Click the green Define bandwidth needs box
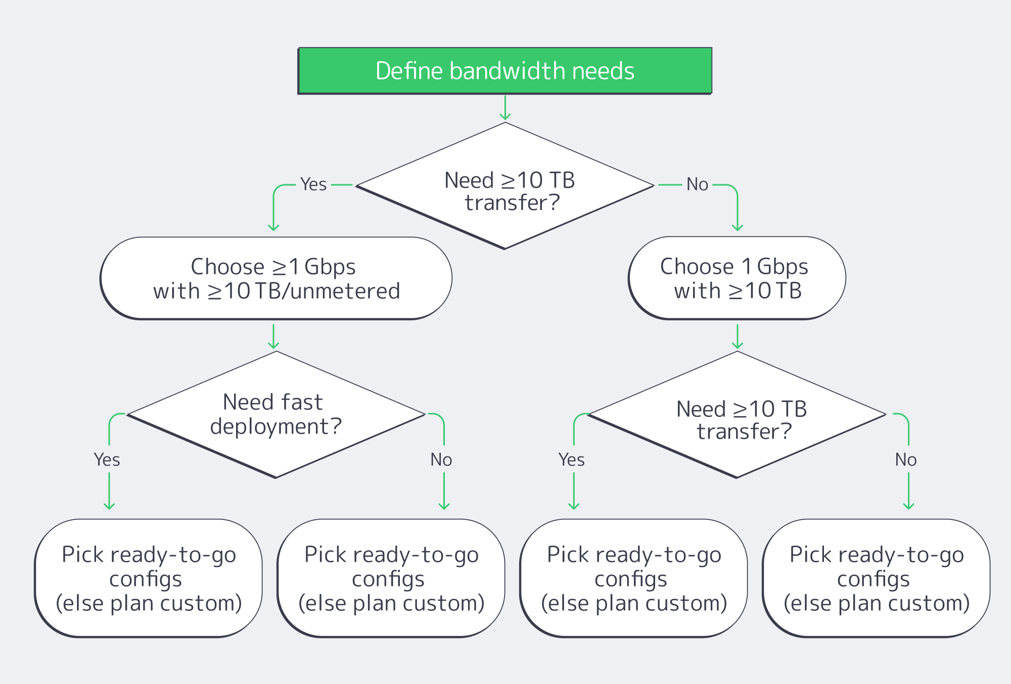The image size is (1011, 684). [x=505, y=71]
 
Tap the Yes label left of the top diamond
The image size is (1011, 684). [x=313, y=184]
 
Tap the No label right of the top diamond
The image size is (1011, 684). [x=697, y=184]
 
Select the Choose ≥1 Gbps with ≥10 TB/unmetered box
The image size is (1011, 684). [x=276, y=278]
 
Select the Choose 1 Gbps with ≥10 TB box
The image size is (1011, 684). [x=737, y=278]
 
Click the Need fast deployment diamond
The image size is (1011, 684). [x=276, y=414]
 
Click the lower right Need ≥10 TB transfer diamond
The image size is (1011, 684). [x=737, y=414]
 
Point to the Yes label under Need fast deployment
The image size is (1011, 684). [x=107, y=460]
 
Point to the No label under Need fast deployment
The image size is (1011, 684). [x=441, y=460]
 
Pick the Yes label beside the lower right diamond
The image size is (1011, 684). [x=571, y=460]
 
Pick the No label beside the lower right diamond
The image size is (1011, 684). [x=905, y=460]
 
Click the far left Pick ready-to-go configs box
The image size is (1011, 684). [x=148, y=578]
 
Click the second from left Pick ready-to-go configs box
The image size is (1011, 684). [x=391, y=578]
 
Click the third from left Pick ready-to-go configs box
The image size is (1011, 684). [x=633, y=578]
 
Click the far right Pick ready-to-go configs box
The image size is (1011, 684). [x=876, y=578]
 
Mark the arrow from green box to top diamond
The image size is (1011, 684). [x=505, y=108]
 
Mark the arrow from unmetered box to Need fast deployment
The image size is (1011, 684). [x=273, y=336]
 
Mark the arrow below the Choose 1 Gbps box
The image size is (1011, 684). [x=738, y=336]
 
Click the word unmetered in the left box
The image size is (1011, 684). [x=345, y=291]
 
